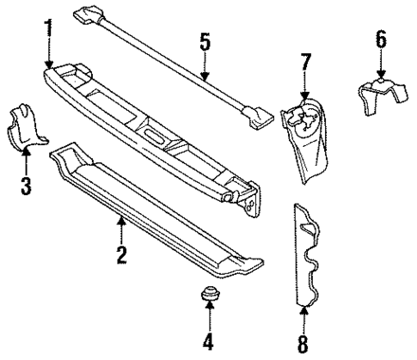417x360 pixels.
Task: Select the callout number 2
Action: [x=122, y=253]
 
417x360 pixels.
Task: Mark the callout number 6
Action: [x=382, y=40]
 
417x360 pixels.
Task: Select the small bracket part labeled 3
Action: [x=26, y=126]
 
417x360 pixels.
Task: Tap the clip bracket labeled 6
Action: [x=377, y=97]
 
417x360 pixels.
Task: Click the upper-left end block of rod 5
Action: [x=89, y=15]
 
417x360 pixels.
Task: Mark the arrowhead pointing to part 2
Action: [x=122, y=221]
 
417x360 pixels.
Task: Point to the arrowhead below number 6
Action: [x=382, y=76]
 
